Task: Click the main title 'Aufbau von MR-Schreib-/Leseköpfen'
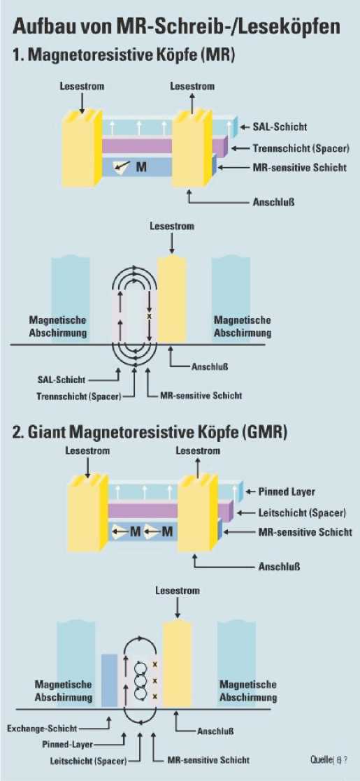177,25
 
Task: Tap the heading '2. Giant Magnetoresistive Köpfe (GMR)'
150,431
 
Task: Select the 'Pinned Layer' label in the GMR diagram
287,492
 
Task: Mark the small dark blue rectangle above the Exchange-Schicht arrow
109,680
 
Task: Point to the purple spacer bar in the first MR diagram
164,145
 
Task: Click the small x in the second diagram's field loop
147,316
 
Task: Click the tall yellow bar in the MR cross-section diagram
172,299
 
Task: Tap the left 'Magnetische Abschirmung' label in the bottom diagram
63,691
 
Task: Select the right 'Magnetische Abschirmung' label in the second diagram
243,327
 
